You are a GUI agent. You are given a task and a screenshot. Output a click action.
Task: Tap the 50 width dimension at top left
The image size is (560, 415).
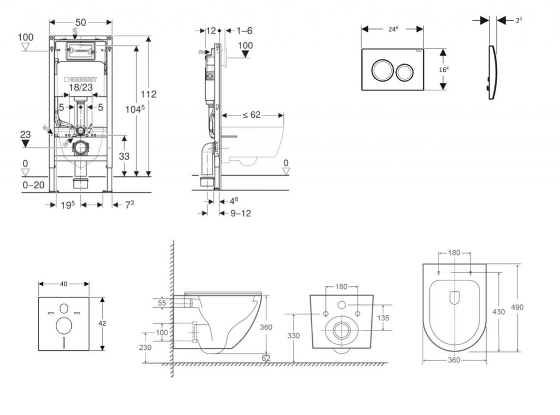click(81, 22)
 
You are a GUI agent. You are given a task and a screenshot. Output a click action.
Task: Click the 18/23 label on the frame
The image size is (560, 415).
click(81, 88)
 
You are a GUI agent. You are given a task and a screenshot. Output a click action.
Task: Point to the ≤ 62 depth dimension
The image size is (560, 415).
click(252, 115)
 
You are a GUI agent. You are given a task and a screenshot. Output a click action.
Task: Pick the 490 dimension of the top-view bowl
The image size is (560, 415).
click(517, 307)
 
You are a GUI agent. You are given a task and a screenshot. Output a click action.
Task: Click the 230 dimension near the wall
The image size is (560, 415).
click(145, 347)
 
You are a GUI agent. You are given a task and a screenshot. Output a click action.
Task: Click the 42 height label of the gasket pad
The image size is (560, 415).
click(102, 323)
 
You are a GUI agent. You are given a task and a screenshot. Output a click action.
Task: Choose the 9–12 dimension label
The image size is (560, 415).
click(240, 213)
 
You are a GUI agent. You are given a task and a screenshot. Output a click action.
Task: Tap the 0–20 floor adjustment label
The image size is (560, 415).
click(33, 186)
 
